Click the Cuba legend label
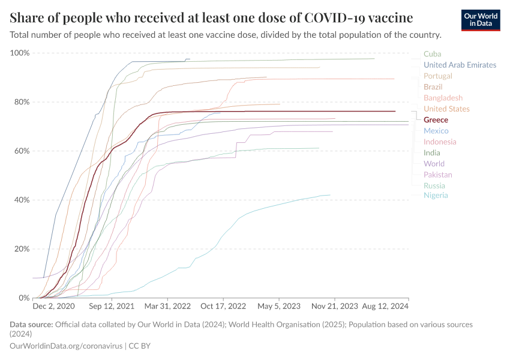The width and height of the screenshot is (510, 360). (432, 54)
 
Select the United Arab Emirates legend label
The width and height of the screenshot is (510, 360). (460, 65)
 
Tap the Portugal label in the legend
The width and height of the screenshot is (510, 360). (437, 76)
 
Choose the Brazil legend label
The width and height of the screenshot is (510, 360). (433, 87)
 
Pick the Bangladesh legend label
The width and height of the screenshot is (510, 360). (443, 98)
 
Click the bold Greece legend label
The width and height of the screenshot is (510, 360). (436, 120)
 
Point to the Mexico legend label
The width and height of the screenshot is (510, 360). (436, 131)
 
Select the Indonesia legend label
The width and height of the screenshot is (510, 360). (440, 142)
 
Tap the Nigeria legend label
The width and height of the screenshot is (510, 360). (436, 195)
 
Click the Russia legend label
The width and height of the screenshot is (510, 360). (434, 185)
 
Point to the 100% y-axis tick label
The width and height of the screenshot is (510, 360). (20, 53)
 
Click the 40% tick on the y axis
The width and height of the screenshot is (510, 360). (22, 200)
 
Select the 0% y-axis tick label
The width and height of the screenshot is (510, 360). (24, 298)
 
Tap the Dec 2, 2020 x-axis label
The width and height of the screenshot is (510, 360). (53, 307)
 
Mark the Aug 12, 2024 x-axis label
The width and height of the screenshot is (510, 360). (384, 307)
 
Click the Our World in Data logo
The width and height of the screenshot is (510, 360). (481, 20)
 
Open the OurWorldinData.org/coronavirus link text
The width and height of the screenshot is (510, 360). (66, 346)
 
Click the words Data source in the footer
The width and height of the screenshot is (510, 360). (31, 325)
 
